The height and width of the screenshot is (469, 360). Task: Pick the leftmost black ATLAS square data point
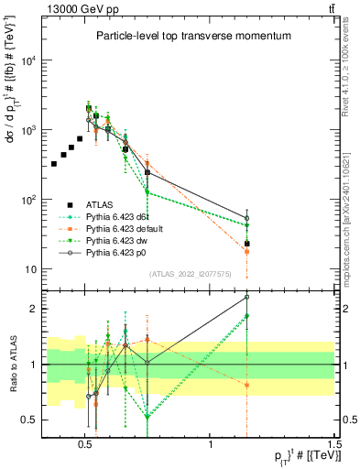tap(54, 164)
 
